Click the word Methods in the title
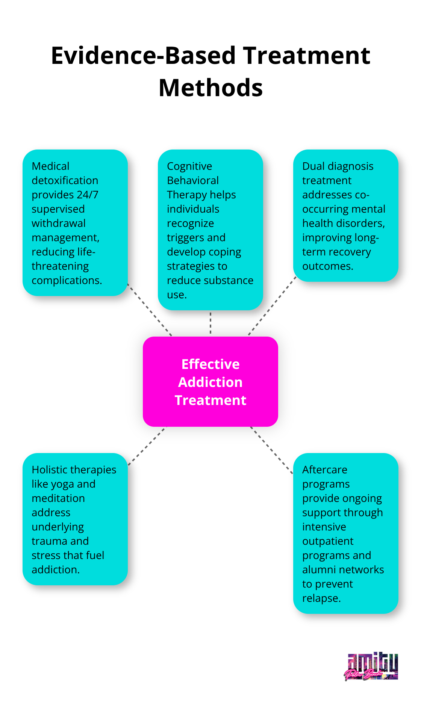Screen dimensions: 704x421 pyautogui.click(x=210, y=88)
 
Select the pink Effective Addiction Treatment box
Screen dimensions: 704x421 pyautogui.click(x=210, y=382)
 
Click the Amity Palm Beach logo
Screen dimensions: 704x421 pyautogui.click(x=371, y=667)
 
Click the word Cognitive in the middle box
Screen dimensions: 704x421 pyautogui.click(x=189, y=166)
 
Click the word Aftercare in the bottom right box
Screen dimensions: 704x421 pyautogui.click(x=325, y=470)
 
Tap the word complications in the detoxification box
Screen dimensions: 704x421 pyautogui.click(x=66, y=280)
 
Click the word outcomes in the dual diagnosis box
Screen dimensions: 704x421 pyautogui.click(x=327, y=266)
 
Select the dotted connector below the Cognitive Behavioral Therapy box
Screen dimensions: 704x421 pyautogui.click(x=210, y=323)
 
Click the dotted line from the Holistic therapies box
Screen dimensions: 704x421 pyautogui.click(x=147, y=446)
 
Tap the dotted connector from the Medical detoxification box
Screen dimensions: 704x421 pyautogui.click(x=150, y=309)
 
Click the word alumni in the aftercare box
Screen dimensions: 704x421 pyautogui.click(x=319, y=570)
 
